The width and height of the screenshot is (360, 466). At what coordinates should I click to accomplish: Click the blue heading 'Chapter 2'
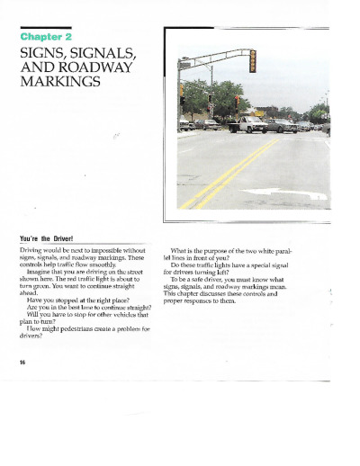click(46, 37)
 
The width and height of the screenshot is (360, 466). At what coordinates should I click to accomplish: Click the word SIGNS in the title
click(43, 53)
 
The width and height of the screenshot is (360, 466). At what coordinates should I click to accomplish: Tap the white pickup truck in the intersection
click(247, 124)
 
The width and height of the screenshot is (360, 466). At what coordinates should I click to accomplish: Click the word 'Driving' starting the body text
click(33, 247)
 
